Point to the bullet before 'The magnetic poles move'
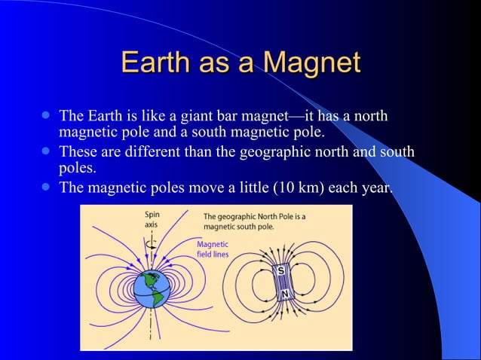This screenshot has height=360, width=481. click(46, 187)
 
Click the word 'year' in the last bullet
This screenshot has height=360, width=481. click(376, 188)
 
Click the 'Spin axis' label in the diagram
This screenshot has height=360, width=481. click(152, 220)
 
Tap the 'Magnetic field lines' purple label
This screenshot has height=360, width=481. click(212, 249)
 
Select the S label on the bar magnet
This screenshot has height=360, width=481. click(280, 270)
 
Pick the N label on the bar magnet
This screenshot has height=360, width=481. click(285, 293)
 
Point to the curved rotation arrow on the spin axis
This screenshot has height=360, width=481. click(153, 243)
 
